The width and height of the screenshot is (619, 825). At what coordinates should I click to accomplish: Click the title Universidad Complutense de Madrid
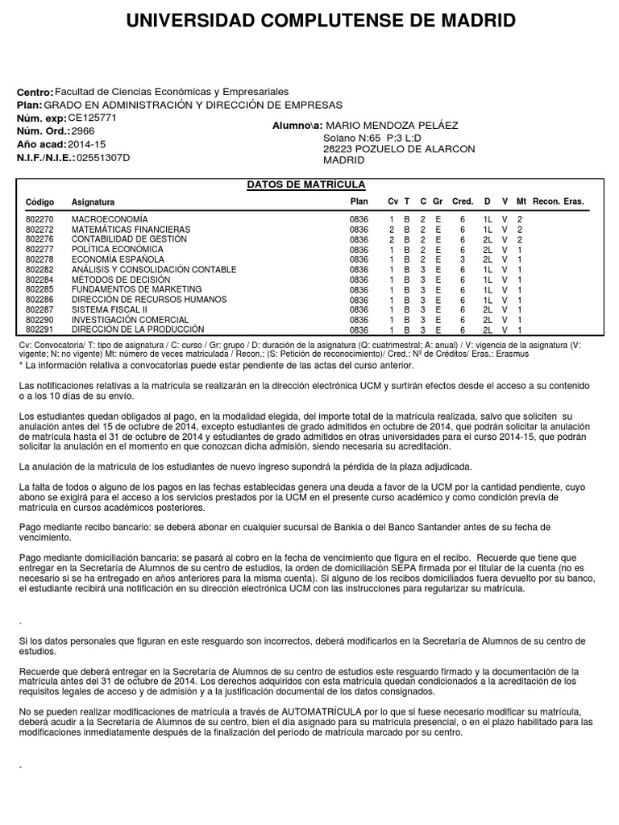point(321,21)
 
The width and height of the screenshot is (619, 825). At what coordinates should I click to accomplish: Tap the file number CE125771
point(93,118)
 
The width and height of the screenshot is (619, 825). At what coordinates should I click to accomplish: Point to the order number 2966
point(83,131)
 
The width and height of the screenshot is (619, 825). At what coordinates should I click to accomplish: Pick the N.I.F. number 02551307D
point(102,158)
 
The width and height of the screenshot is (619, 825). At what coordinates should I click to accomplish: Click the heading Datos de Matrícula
point(305,185)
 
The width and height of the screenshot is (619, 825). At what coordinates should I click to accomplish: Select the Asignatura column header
point(93,202)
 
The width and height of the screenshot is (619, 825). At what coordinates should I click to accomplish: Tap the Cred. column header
point(463,201)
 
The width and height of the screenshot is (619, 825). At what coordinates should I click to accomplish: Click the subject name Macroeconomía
point(110,219)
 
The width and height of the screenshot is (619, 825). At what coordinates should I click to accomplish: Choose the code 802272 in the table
point(39,230)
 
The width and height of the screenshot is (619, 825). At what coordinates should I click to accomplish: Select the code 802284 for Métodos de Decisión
point(39,280)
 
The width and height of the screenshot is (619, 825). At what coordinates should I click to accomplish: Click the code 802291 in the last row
point(39,330)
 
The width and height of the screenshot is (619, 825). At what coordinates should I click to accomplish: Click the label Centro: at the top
point(35,93)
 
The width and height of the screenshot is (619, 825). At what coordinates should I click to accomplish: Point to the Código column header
point(39,202)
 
